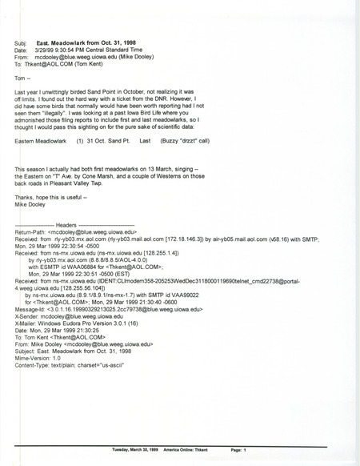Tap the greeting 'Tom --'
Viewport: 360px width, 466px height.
[25, 79]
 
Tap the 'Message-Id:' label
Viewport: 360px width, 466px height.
[33, 330]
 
